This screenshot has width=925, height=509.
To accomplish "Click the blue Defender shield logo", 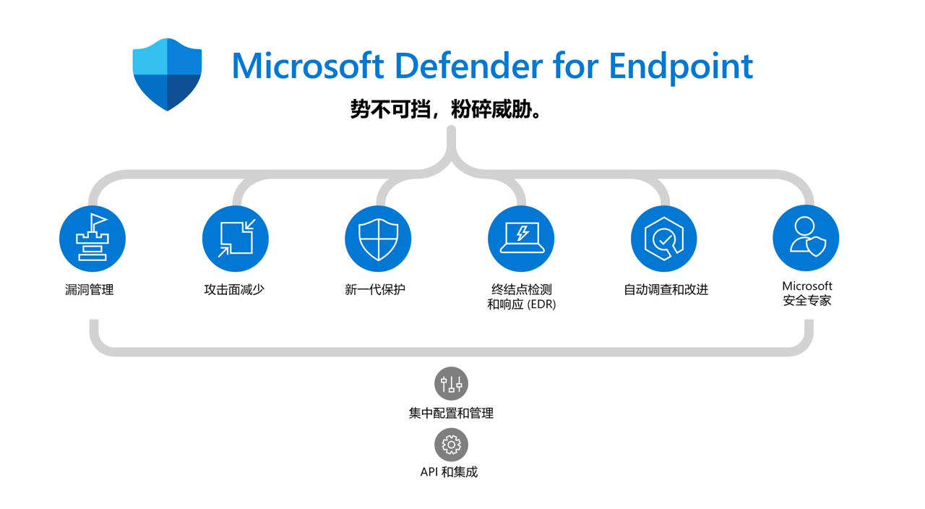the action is click(x=167, y=74).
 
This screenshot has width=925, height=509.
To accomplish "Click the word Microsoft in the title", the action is click(x=308, y=66).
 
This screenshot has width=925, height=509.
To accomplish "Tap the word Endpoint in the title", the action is click(x=681, y=67).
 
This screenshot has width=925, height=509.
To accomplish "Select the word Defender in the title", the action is click(x=469, y=65).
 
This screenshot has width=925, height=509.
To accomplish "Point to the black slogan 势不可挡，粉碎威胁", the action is click(x=446, y=109).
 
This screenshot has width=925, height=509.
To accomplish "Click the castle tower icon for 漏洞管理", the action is click(x=92, y=239).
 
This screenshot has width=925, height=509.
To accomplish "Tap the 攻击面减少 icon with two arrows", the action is click(x=236, y=239).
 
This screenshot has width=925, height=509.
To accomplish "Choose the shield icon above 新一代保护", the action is click(x=378, y=239).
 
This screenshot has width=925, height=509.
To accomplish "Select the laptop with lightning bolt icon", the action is click(x=521, y=239).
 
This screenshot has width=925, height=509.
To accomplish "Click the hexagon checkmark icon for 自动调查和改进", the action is click(x=664, y=239).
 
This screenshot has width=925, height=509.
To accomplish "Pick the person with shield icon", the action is click(x=806, y=238).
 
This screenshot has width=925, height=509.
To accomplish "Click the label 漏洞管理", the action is click(x=89, y=290).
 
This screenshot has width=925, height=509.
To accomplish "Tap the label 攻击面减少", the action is click(x=234, y=290).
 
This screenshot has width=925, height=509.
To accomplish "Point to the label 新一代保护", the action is click(x=375, y=290).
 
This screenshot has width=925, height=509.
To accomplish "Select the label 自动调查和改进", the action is click(x=666, y=290).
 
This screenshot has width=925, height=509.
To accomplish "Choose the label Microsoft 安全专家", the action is click(x=807, y=294).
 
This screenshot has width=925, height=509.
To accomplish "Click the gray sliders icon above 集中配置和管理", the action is click(x=452, y=384).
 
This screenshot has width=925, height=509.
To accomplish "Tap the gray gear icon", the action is click(x=452, y=445).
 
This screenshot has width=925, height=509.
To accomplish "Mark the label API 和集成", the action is click(x=449, y=472).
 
